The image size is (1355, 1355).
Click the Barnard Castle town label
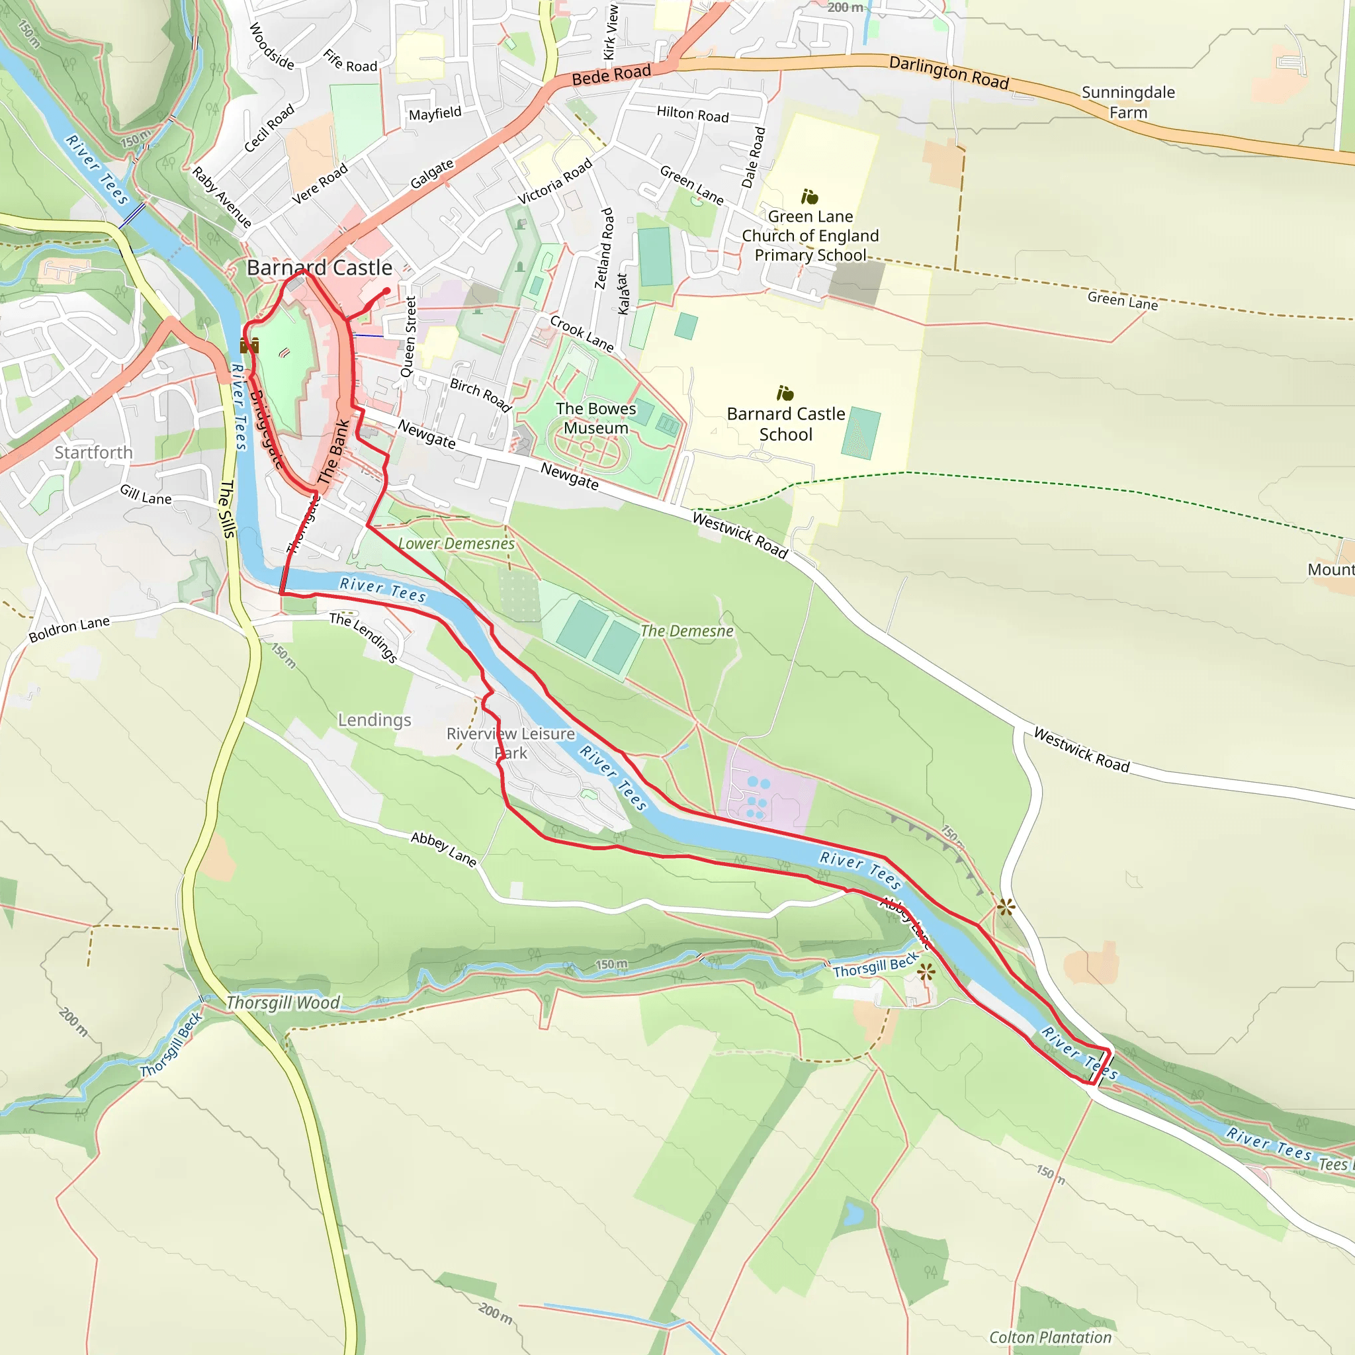(319, 268)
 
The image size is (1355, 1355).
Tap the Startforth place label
(93, 453)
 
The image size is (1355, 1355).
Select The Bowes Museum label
(595, 418)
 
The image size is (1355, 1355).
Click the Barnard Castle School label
(785, 423)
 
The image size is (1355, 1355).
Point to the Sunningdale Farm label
(1128, 103)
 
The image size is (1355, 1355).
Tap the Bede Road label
(611, 75)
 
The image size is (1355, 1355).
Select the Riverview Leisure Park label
(511, 743)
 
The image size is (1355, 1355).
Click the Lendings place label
(374, 721)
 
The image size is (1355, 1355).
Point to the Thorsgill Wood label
(283, 1003)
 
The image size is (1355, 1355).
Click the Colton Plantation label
(1050, 1337)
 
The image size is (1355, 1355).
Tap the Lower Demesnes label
(456, 544)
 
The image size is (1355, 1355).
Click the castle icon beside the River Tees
(249, 345)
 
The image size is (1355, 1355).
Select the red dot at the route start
(386, 290)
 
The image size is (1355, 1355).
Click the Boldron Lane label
(69, 629)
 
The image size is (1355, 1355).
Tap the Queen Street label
(408, 337)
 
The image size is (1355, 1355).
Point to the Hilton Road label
(692, 114)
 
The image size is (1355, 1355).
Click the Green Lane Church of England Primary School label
(810, 236)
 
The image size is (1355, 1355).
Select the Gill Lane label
(145, 495)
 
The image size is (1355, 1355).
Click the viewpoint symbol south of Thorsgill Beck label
(926, 972)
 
